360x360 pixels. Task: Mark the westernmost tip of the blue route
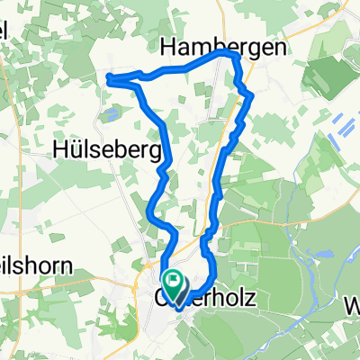[x=108, y=79]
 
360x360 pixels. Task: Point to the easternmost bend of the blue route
[x=250, y=94]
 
